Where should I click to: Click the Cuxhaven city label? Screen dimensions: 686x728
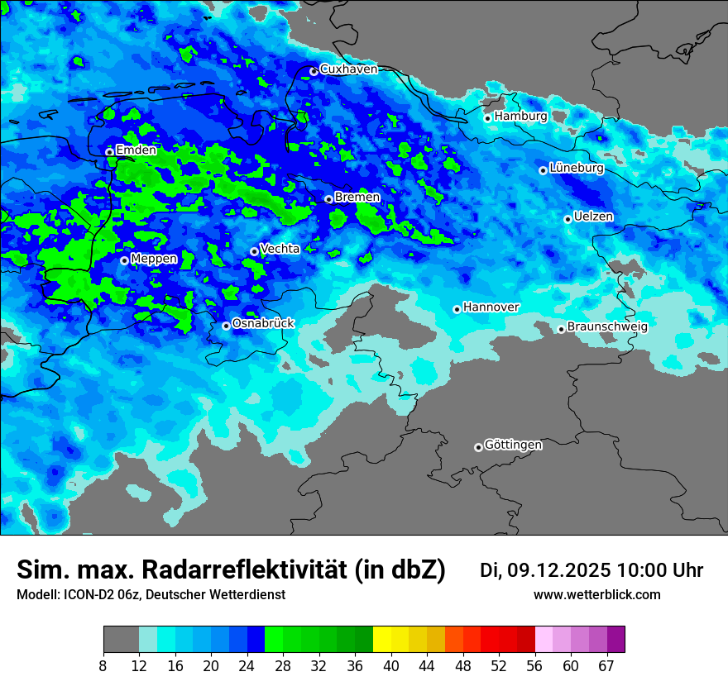point(348,69)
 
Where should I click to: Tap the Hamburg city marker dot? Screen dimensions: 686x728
point(488,118)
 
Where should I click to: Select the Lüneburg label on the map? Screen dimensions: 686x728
point(577,168)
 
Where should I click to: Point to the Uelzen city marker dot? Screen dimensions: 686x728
point(568,219)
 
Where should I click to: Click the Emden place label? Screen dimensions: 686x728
point(136,150)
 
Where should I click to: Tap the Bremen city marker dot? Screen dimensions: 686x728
point(328,199)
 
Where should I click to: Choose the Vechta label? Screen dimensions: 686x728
point(280,249)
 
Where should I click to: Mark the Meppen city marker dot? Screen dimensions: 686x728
point(124,260)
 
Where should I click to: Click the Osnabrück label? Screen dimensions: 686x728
point(263,323)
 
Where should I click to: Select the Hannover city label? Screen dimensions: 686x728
point(491,307)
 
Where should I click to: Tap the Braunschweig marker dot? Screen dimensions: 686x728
point(561,329)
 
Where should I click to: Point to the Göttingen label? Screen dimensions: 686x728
point(513,445)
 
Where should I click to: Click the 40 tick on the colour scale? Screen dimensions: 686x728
point(391,665)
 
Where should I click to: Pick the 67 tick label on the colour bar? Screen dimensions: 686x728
point(606,665)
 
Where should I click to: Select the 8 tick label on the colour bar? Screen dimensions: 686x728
point(103,665)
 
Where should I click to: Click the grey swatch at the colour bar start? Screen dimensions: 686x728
point(121,640)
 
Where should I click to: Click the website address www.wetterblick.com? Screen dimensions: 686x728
point(596,595)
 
